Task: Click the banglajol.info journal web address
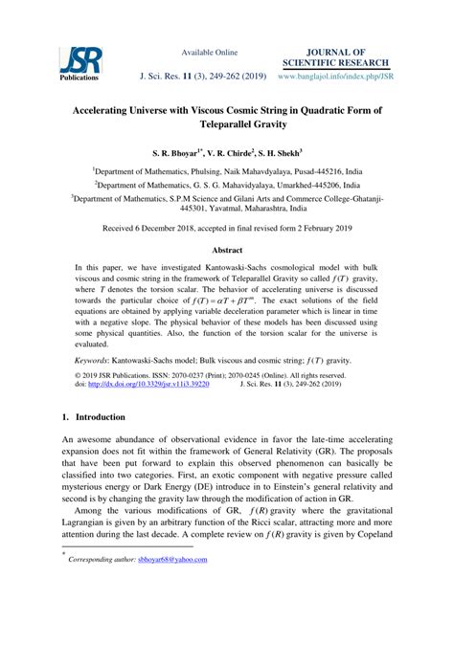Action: pyautogui.click(x=333, y=73)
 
